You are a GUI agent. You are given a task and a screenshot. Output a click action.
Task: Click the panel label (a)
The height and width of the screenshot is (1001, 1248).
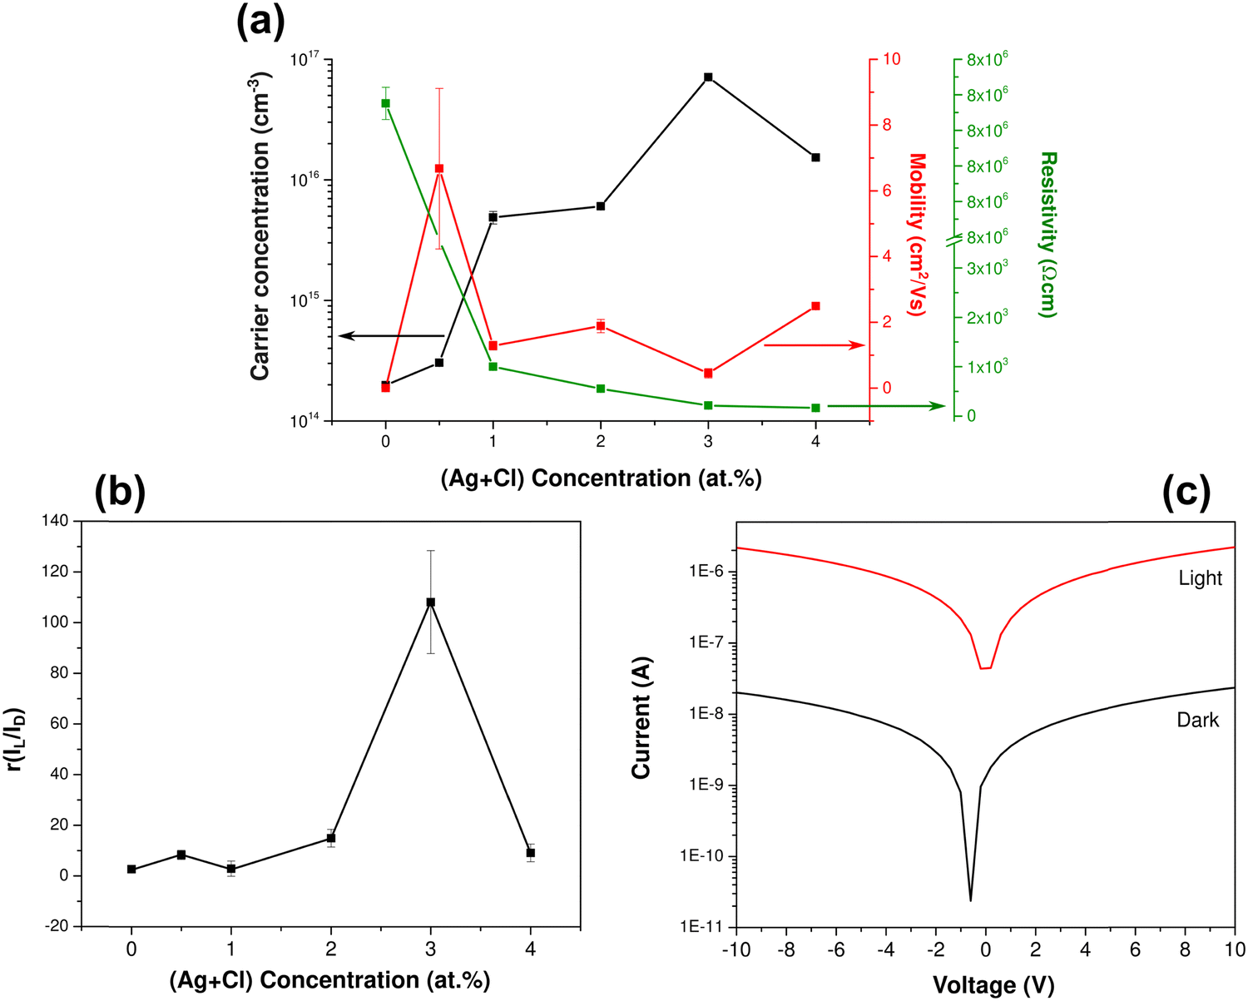260,22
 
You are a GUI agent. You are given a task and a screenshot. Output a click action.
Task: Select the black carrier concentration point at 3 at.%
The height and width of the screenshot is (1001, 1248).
708,77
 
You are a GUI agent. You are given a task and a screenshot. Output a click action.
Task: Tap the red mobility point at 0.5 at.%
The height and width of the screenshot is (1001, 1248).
438,169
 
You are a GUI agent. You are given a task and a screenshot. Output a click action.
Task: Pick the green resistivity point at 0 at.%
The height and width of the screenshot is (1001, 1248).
385,103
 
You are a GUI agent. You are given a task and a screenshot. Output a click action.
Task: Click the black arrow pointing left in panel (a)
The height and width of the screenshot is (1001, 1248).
391,335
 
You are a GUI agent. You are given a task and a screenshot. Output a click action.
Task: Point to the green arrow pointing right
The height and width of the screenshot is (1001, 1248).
886,406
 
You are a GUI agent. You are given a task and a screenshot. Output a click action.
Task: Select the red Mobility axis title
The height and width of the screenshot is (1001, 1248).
917,234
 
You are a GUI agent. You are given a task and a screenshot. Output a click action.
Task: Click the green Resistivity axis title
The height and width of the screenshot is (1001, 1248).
1047,234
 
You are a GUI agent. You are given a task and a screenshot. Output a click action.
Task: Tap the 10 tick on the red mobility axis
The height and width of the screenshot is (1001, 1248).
892,59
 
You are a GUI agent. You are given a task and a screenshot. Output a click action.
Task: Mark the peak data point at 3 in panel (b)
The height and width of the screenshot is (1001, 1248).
430,602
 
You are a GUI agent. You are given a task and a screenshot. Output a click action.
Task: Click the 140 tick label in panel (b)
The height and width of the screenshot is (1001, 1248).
55,521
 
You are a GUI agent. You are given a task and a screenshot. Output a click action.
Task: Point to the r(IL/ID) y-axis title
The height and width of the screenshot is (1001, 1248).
16,723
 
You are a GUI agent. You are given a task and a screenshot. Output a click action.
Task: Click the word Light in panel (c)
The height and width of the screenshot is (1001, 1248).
1200,577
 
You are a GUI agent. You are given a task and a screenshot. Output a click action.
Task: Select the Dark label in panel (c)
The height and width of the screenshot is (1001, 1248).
1197,720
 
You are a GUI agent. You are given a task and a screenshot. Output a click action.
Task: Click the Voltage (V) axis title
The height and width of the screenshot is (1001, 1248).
993,986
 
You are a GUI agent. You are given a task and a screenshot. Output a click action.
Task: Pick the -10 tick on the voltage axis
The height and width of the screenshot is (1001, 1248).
736,950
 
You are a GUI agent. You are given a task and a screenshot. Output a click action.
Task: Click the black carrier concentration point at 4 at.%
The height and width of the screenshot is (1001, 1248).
815,157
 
